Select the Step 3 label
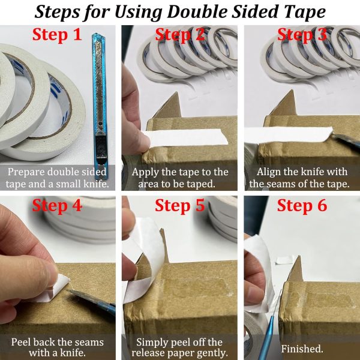302,35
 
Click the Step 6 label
302,206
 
